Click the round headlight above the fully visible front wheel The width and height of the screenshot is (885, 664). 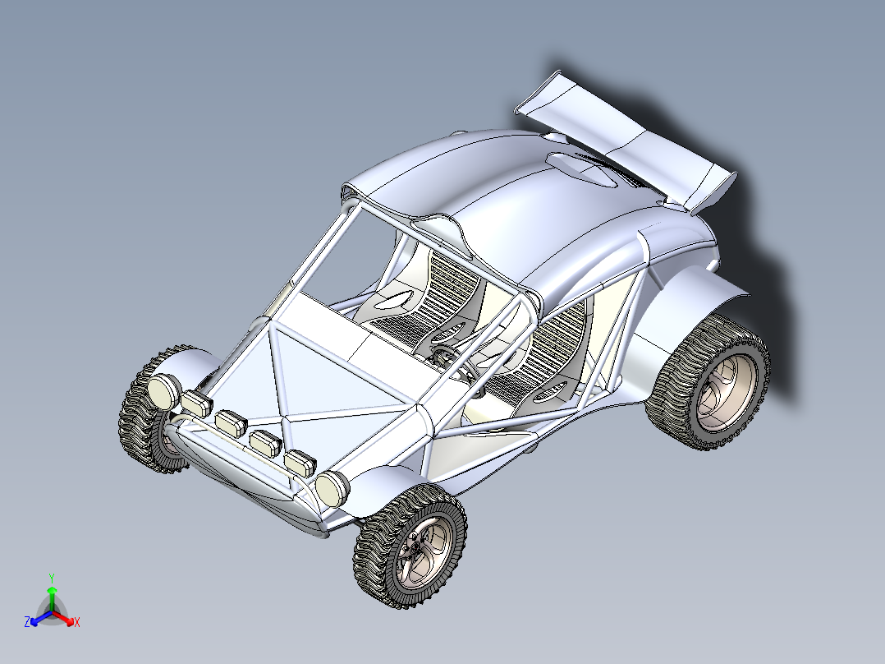tap(332, 489)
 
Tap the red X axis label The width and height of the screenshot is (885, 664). tap(76, 623)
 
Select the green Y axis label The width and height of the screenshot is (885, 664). tap(51, 578)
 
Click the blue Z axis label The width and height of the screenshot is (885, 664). tap(27, 623)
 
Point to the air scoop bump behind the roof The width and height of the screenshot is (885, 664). tap(585, 168)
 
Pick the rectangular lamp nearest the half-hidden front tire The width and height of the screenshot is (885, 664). tap(197, 403)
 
